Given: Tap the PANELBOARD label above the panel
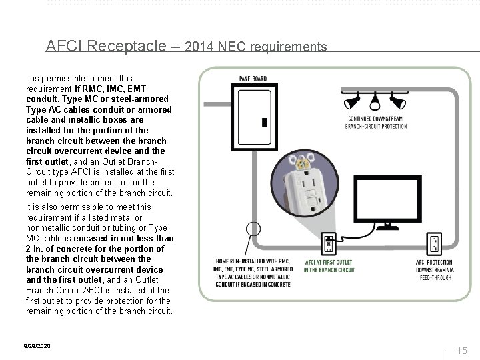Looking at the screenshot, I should click(248, 78).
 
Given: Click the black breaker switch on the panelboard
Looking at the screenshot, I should click(264, 123).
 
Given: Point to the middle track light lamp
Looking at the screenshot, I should click(375, 102).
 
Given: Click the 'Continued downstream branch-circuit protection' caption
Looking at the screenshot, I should click(377, 122).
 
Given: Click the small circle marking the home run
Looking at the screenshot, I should click(252, 229).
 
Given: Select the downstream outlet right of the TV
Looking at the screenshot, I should click(434, 245).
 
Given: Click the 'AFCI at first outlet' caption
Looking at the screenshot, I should click(330, 265).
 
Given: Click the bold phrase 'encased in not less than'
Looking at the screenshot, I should click(128, 238).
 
